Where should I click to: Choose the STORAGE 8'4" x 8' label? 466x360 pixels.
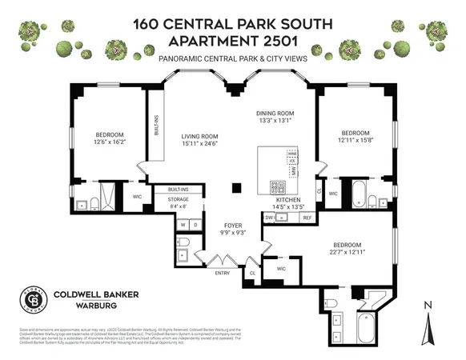click(x=178, y=202)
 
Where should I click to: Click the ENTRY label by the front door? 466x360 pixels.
click(x=222, y=273)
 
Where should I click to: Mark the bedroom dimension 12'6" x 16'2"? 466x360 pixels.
click(x=110, y=142)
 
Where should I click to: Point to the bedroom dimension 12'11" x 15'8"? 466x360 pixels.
click(x=356, y=140)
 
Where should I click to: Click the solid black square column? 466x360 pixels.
click(x=235, y=188)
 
